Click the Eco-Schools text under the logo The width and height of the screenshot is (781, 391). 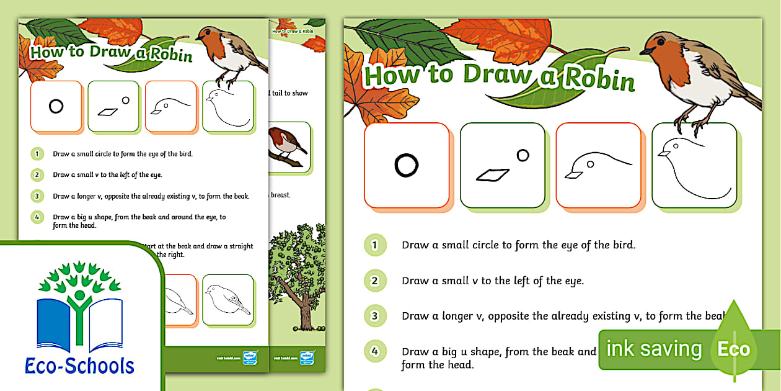pos(79,365)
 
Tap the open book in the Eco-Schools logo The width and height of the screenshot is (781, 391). pos(80,326)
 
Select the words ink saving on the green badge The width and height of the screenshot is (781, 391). pos(654,349)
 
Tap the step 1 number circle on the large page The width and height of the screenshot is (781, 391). pos(374,245)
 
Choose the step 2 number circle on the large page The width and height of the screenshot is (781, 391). pos(374,281)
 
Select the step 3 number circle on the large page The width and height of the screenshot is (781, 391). pos(374,316)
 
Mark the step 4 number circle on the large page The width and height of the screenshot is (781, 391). pos(374,351)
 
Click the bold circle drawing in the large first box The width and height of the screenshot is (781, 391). pos(406,166)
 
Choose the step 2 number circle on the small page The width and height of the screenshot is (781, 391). pos(38,175)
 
